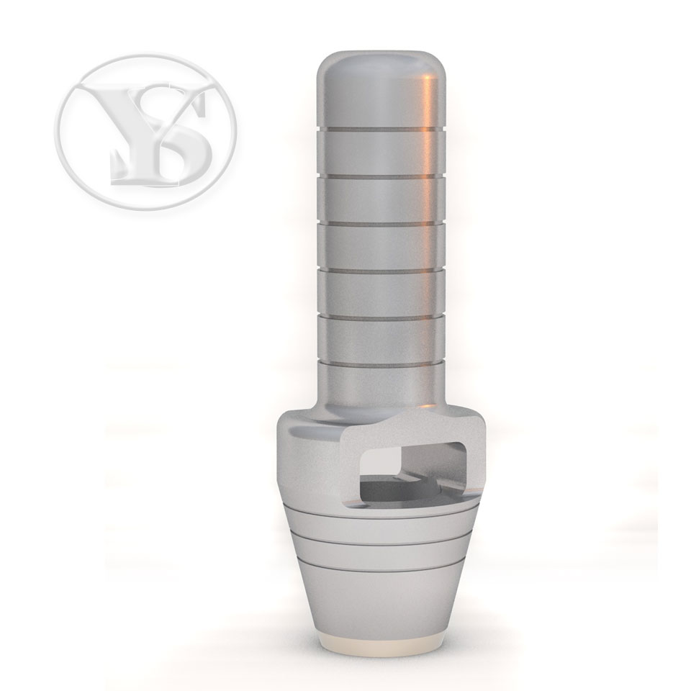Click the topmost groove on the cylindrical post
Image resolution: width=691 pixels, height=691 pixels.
click(x=381, y=130)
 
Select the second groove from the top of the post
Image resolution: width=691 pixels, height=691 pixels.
click(x=381, y=177)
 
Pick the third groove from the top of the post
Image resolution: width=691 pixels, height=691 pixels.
click(x=381, y=223)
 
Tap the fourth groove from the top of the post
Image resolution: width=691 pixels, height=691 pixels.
click(x=381, y=271)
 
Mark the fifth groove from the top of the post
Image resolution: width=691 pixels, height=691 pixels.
click(x=381, y=317)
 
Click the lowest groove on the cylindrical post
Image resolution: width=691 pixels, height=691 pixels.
click(x=381, y=364)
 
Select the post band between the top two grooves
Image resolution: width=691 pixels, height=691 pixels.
click(x=381, y=153)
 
